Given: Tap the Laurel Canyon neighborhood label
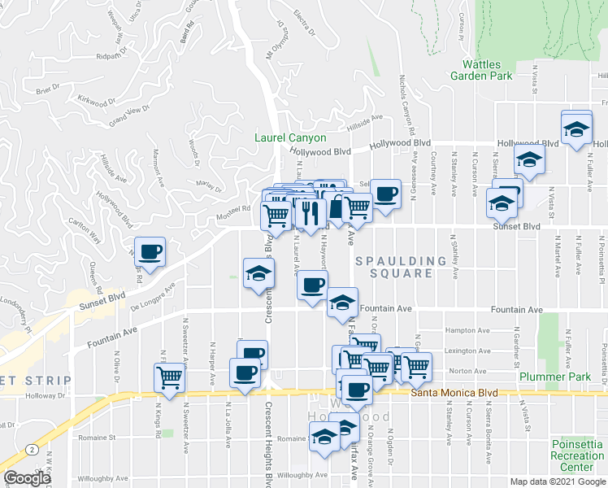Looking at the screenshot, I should click(x=290, y=138).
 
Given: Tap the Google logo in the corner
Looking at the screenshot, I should click(x=27, y=478).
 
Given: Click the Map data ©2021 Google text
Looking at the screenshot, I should click(x=557, y=481).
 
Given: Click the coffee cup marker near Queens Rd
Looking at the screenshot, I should click(x=150, y=251).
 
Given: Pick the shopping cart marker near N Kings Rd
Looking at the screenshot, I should click(x=169, y=377).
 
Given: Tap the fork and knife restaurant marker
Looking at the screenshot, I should click(x=309, y=214).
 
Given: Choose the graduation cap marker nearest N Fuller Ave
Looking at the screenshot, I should click(x=576, y=129).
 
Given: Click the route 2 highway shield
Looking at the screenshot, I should click(x=30, y=448).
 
